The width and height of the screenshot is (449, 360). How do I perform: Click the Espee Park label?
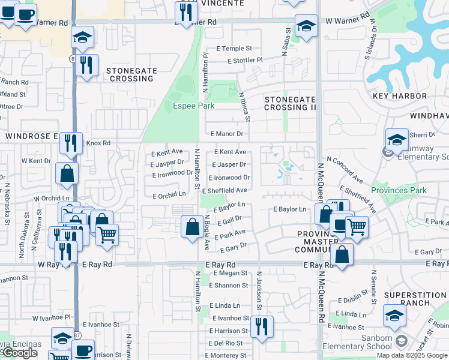click(x=194, y=106)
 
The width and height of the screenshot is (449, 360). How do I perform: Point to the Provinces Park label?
click(x=399, y=191)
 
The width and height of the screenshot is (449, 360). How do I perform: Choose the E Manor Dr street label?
click(x=226, y=134)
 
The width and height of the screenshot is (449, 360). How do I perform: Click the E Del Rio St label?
click(x=226, y=343)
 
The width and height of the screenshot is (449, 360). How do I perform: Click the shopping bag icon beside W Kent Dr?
click(x=67, y=173)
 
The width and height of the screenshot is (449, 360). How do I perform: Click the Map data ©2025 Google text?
click(x=412, y=355)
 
